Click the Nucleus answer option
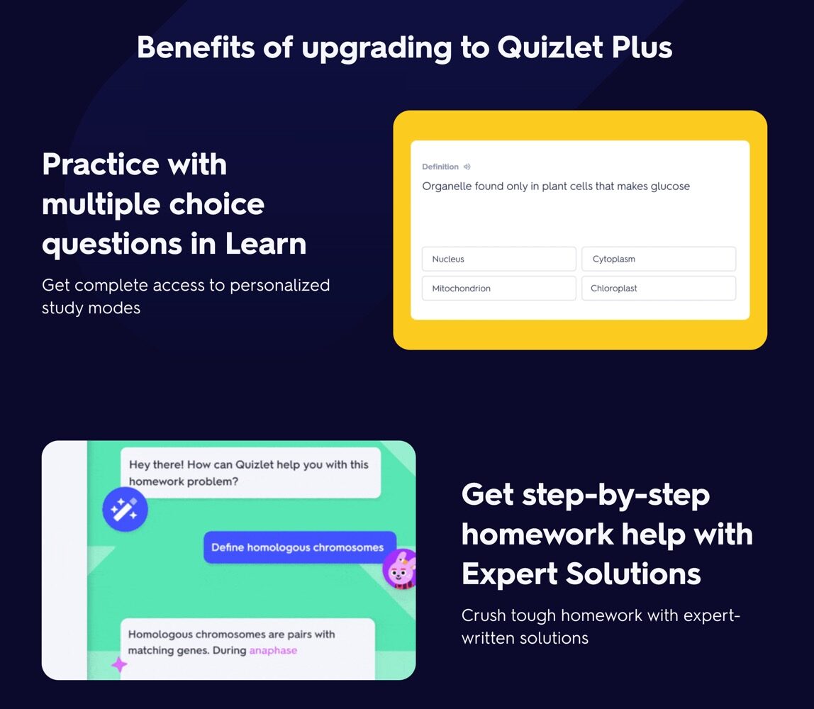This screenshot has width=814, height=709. [499, 259]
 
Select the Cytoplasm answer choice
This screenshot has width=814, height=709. [659, 259]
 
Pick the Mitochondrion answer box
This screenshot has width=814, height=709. [499, 288]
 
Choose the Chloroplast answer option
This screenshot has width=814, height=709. [659, 288]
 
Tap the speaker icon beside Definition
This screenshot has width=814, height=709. [467, 167]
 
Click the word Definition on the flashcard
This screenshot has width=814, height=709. [440, 167]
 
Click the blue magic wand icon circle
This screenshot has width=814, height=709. [125, 509]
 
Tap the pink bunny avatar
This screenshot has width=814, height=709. [400, 569]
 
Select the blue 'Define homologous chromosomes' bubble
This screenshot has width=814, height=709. [299, 547]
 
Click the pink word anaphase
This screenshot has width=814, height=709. [273, 650]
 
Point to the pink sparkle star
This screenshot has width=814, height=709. [119, 664]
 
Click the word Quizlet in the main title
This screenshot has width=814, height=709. [550, 48]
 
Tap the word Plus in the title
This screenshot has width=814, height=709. [642, 48]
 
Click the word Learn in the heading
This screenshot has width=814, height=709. [266, 243]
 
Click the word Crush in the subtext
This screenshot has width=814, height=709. [484, 615]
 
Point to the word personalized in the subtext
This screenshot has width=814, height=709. [280, 286]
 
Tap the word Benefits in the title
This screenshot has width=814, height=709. [196, 48]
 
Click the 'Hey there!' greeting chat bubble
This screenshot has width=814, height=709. [251, 473]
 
